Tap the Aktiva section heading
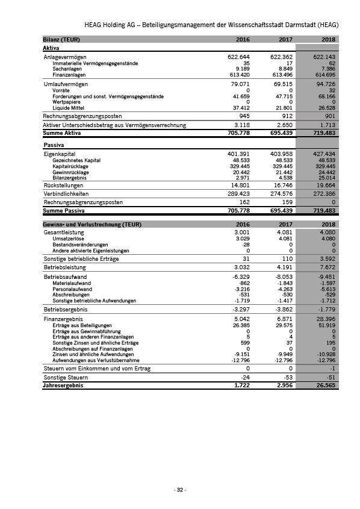pos(51,47)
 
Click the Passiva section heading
pos(53,146)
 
